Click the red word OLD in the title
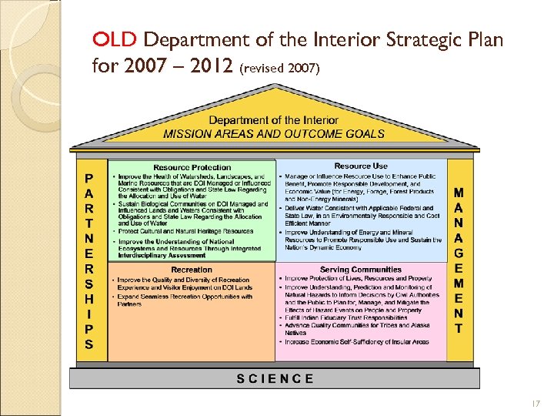115,39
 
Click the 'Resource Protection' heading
192,167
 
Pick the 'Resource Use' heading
361,166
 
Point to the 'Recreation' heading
192,270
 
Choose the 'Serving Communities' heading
360,270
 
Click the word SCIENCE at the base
275,378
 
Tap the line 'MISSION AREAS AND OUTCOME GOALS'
274,133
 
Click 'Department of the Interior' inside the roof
274,120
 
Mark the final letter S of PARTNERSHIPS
89,344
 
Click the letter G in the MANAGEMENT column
459,252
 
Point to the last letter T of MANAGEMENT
459,328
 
